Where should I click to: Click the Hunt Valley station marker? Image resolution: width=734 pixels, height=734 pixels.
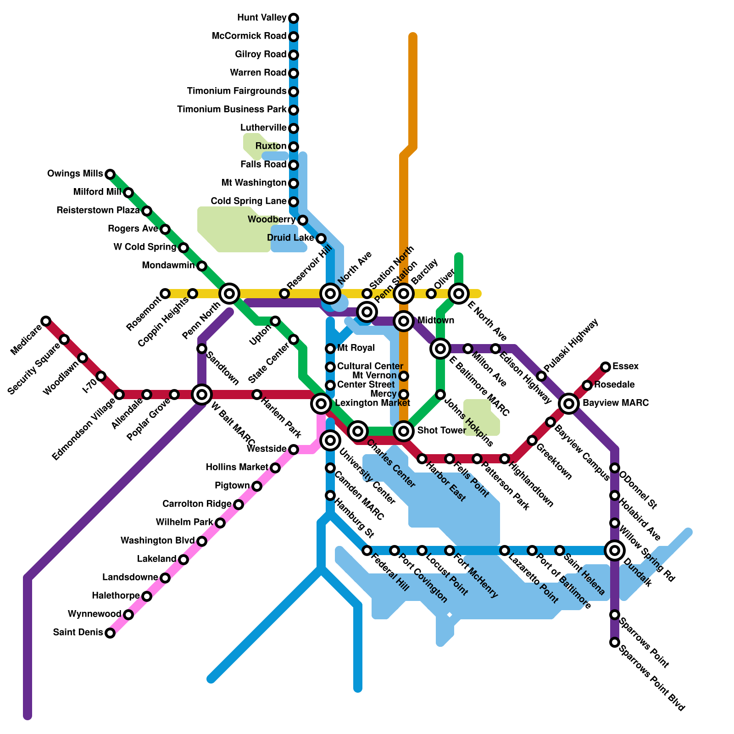coord(294,18)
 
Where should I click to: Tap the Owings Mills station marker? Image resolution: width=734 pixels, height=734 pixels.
coord(110,174)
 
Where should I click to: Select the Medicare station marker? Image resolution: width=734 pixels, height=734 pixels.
coord(46,321)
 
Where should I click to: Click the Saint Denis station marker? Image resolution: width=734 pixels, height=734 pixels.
coord(110,633)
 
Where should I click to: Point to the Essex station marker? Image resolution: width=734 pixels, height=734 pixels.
coord(606,367)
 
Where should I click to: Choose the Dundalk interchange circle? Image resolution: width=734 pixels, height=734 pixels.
coord(615,550)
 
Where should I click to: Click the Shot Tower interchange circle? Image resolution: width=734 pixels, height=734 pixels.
coord(404,431)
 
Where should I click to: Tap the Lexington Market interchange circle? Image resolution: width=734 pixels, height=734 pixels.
coord(321,403)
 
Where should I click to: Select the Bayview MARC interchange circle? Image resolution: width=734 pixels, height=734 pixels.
coord(569,403)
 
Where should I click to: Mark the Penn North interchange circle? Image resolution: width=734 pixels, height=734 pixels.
coord(229,293)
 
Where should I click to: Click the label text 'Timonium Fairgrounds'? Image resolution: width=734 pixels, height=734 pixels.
coord(237,91)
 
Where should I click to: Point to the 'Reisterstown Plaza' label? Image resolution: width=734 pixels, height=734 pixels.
coord(98,211)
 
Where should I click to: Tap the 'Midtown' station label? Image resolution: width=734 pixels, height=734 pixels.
coord(436,320)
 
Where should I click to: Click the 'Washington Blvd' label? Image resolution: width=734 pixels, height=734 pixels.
coord(157,541)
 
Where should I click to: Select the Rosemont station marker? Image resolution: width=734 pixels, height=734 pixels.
coord(165,293)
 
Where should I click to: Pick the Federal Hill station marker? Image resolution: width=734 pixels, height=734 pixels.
coord(367,550)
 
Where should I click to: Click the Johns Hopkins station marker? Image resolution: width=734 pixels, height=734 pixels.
coord(440,394)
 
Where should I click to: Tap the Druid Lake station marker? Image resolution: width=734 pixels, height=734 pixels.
coord(321,238)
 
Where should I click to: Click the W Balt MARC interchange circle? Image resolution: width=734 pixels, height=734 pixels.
coord(202,394)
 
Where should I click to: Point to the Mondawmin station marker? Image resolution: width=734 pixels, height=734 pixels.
coord(202,266)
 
